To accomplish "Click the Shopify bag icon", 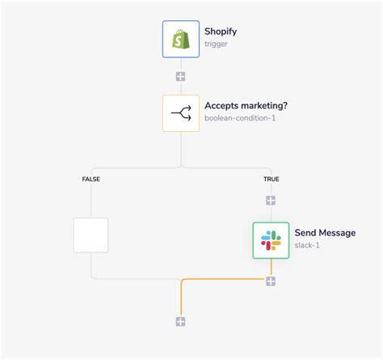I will [180, 39].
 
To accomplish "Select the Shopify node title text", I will [221, 32].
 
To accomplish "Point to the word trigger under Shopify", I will [217, 44].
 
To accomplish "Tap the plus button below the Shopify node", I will [181, 77].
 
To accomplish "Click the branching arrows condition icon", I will [180, 112].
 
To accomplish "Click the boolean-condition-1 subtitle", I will [240, 118].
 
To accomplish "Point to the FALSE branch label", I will [90, 179].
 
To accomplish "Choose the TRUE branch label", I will [271, 179].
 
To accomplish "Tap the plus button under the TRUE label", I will [271, 200].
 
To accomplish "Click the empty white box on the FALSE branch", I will [90, 235].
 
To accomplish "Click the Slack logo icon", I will [271, 239].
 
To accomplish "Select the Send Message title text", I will [325, 233].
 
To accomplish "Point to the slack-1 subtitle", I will [308, 245].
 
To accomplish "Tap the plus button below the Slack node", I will [271, 281].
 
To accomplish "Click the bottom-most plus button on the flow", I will [181, 321].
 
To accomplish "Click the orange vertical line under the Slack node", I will [271, 267].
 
